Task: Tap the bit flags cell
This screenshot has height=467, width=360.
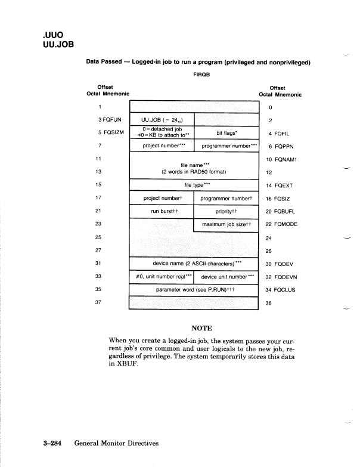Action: coord(226,132)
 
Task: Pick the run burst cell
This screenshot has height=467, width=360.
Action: coord(161,211)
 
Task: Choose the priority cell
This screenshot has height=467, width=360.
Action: coord(226,211)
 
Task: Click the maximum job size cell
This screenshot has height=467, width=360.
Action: coord(226,224)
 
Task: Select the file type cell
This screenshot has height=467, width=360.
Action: coord(194,184)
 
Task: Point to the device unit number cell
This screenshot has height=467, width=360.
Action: coord(226,276)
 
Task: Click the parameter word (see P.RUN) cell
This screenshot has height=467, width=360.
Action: coord(194,289)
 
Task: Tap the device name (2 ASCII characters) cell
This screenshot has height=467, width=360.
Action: coord(194,263)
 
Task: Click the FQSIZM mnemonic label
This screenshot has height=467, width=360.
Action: coord(109,132)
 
